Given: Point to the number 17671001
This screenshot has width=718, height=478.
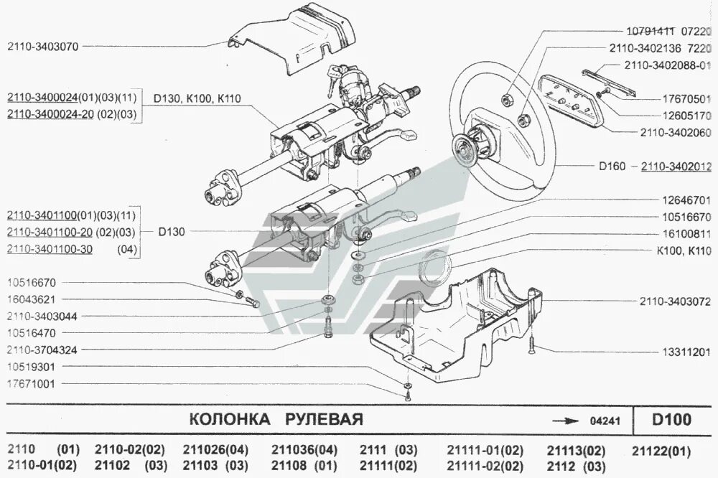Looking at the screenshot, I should pos(31,384).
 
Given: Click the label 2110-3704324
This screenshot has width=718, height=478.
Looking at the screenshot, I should pos(42,350).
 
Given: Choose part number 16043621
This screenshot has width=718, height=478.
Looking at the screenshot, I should pos(31,299).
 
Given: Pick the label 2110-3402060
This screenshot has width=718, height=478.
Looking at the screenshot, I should pos(676,133).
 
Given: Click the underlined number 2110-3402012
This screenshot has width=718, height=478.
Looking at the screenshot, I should pos(676,167).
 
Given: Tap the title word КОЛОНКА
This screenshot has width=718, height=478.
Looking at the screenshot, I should pos(229,419).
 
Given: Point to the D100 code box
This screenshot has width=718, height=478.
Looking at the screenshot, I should pos(672,419).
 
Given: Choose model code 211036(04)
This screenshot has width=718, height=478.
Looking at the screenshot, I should pos(304,451).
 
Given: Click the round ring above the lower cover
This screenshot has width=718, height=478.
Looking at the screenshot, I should pos(434,267).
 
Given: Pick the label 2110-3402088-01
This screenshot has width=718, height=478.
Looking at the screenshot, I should pos(668,65).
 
